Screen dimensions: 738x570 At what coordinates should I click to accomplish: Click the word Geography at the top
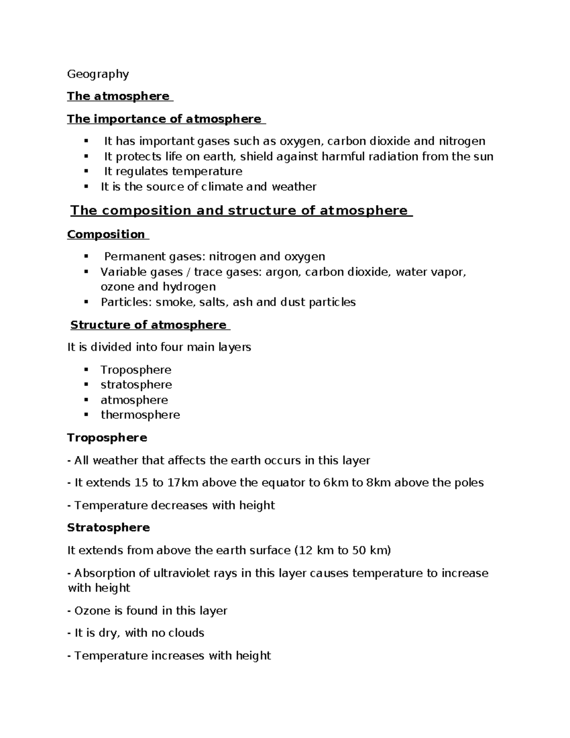coord(98,74)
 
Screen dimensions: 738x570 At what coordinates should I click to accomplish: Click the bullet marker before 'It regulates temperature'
coord(86,171)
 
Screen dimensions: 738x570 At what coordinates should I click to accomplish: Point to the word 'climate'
coord(222,187)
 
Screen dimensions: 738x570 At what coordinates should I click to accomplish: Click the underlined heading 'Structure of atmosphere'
coord(149,325)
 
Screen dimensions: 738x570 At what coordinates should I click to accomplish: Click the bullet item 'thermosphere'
coord(140,415)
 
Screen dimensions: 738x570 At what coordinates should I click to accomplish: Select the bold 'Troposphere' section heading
coord(107,438)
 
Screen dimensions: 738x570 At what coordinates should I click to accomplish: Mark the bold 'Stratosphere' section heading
coord(108,528)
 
